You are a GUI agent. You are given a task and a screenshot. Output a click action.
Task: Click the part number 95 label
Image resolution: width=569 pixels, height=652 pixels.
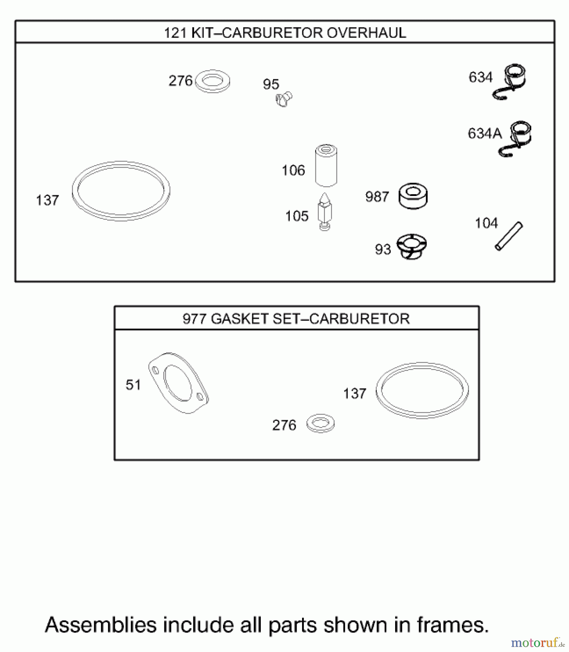pos(271,84)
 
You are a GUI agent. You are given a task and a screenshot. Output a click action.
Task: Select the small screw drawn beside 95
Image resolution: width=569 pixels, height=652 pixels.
pos(284,99)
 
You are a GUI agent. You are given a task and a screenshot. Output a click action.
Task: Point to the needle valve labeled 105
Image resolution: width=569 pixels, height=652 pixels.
pos(325,212)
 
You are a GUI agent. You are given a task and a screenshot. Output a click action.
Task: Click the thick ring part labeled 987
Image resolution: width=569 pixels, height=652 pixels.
pos(413,196)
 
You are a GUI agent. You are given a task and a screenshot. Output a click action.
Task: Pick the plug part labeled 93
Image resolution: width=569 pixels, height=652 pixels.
pos(411,247)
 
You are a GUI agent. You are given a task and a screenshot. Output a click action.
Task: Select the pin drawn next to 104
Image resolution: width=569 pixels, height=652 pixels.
pos(509,236)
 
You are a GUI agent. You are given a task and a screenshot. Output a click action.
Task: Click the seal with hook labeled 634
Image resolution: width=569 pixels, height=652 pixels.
pos(511,82)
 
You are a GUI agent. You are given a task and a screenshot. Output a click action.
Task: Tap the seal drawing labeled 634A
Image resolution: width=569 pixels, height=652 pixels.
pos(517,138)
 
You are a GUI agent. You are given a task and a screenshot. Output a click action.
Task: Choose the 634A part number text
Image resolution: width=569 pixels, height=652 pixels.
pos(485,134)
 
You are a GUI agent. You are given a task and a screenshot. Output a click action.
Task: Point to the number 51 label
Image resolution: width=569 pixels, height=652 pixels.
pos(133,385)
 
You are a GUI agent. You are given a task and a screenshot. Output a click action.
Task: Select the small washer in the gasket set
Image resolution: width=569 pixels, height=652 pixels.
pos(320,423)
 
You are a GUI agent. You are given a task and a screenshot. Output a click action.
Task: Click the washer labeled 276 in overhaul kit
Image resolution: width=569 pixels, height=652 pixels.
pos(212,81)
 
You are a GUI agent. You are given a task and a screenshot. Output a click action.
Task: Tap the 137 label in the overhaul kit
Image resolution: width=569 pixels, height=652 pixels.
pos(47,200)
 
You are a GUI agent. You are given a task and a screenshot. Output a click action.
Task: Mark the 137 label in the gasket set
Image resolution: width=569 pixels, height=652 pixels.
pos(355,394)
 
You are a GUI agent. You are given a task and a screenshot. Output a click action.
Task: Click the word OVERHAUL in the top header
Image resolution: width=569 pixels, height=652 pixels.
pos(366,33)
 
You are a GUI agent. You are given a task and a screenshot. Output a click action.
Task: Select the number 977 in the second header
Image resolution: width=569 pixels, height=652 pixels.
pos(194,319)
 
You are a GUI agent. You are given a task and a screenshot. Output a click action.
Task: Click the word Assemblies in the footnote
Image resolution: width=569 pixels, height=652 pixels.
pos(100,625)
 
